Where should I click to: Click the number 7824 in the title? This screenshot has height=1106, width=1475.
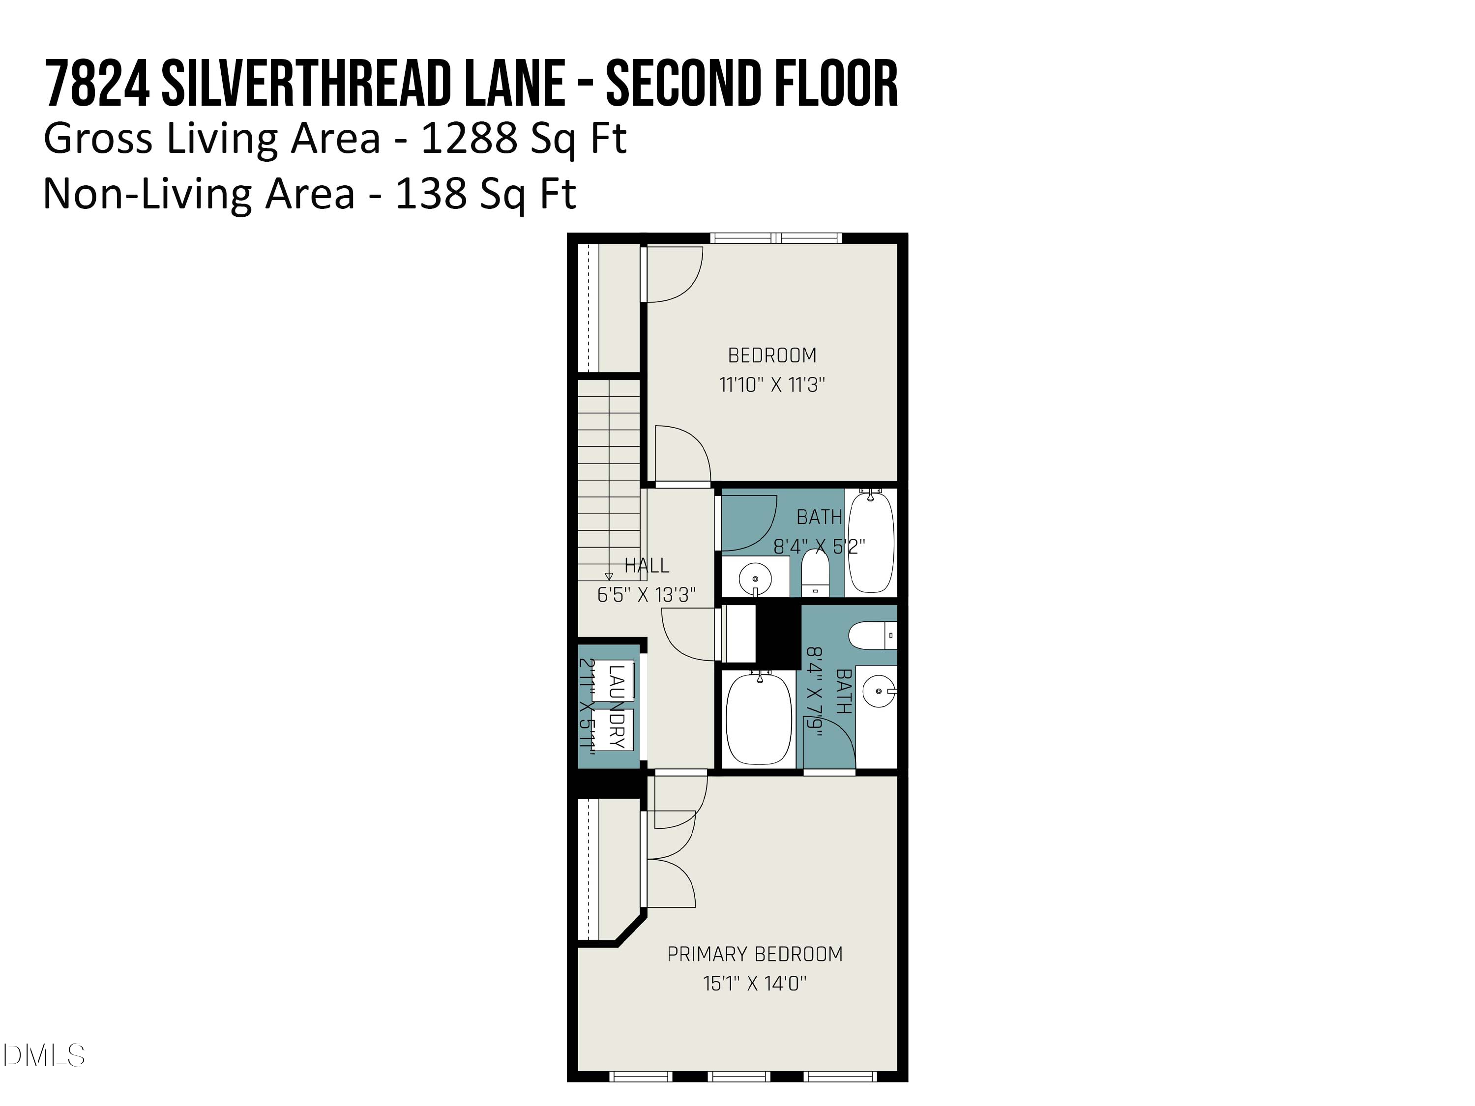[x=97, y=84]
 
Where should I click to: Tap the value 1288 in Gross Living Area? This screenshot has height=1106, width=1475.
[x=469, y=139]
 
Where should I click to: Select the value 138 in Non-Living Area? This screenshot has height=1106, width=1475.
[x=431, y=194]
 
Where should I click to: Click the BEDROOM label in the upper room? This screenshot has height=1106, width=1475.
[x=771, y=355]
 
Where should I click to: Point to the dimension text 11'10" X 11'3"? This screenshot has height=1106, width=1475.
[x=771, y=385]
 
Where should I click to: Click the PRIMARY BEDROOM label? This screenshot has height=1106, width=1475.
[x=754, y=954]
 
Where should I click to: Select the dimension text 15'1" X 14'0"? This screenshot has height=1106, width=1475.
[x=754, y=983]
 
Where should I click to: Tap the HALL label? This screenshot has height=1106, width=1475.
[x=646, y=565]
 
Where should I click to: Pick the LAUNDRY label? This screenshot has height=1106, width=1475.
[x=616, y=707]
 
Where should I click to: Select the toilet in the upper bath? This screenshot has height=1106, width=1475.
[x=814, y=573]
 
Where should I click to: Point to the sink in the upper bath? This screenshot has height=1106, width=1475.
[x=755, y=579]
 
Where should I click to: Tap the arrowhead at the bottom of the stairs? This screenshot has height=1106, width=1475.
[x=608, y=577]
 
